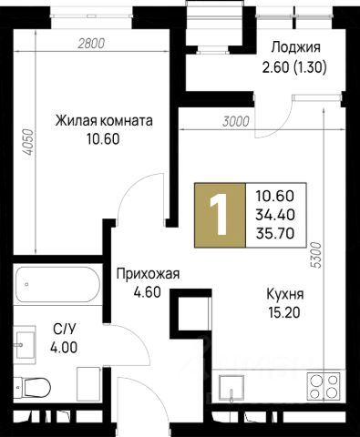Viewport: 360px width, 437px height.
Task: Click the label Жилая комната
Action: (x=104, y=121)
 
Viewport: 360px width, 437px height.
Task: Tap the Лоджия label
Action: (x=296, y=47)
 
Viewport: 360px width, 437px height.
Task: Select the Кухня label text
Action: (x=285, y=294)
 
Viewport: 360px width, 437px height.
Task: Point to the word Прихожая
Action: (x=149, y=274)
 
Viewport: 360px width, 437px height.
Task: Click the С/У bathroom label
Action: (x=64, y=329)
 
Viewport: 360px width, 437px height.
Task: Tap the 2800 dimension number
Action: (x=91, y=44)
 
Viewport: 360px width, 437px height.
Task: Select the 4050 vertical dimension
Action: (x=28, y=142)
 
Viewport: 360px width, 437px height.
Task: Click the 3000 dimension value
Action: (x=236, y=122)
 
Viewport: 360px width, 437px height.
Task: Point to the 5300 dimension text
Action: (x=316, y=255)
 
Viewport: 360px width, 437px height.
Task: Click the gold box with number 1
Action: (x=220, y=215)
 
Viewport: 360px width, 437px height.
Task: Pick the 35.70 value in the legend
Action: (x=275, y=234)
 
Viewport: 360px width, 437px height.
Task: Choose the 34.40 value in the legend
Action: (x=275, y=215)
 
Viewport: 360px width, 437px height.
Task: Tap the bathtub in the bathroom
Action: (x=57, y=284)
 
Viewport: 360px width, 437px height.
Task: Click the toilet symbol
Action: (x=33, y=387)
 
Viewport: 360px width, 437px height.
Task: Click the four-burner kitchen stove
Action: (x=324, y=387)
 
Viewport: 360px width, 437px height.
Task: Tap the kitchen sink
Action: (x=231, y=388)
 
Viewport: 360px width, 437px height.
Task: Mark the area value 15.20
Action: (x=284, y=312)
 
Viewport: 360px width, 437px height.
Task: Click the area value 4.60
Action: (x=147, y=292)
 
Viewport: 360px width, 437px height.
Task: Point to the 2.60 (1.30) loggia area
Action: (x=294, y=66)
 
